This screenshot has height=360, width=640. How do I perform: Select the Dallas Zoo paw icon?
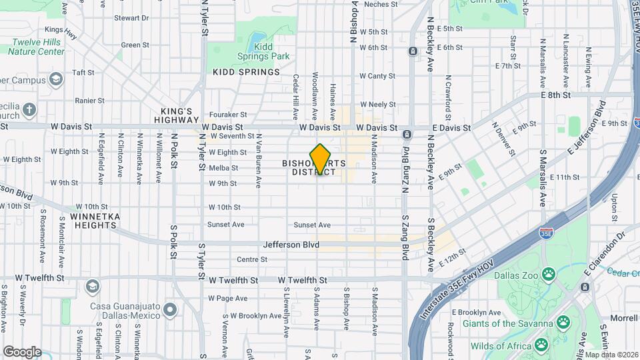[548, 273]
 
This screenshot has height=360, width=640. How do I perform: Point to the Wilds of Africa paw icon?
[541, 345]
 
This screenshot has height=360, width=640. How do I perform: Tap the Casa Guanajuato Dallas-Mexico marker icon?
[169, 309]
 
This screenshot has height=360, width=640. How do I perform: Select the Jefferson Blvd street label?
[291, 245]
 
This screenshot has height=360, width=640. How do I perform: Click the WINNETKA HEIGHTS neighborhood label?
[93, 221]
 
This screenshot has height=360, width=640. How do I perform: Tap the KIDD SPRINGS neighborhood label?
[246, 72]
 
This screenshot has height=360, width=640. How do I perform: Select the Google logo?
[22, 352]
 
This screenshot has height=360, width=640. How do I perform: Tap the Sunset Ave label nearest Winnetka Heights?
[226, 225]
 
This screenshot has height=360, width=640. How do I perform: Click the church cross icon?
[29, 109]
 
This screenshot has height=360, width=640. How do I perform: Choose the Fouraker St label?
[228, 115]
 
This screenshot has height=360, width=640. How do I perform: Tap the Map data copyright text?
[607, 354]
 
